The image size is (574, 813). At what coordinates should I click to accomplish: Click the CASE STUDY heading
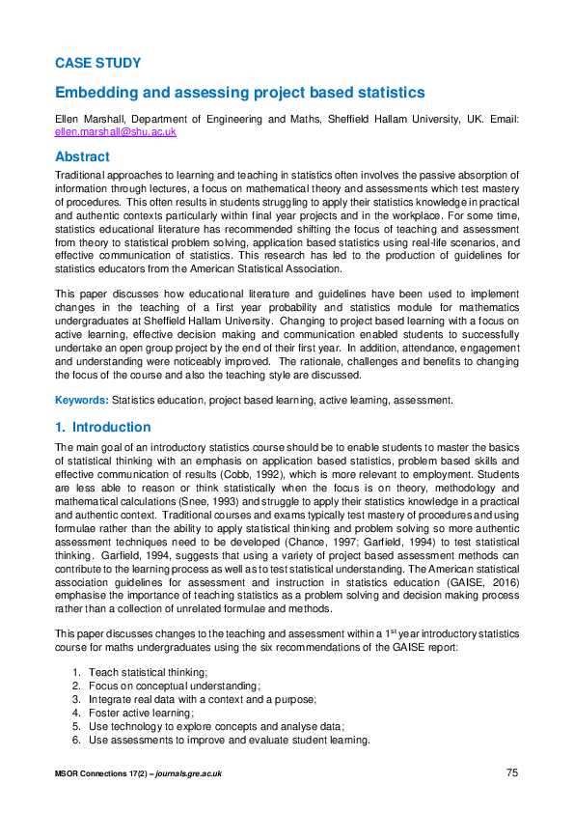97,63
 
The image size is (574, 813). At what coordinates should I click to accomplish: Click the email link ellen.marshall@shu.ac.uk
115,130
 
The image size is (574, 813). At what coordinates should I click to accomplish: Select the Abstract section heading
82,156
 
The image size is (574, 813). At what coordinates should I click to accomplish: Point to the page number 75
512,772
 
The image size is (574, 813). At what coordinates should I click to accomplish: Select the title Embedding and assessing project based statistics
239,93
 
